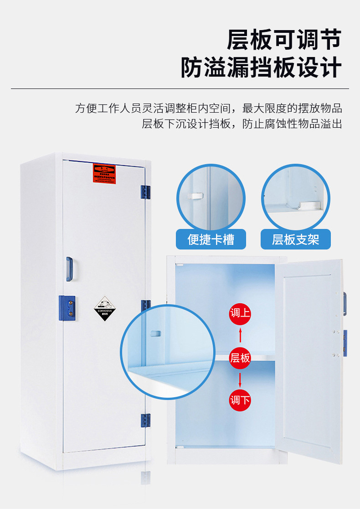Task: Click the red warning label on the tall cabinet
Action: [x=104, y=173]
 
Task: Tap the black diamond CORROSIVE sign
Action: [x=104, y=308]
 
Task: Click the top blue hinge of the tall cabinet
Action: [x=145, y=192]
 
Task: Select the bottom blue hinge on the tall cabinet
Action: [x=145, y=421]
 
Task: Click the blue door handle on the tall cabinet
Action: [x=69, y=269]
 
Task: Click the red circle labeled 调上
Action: [x=240, y=313]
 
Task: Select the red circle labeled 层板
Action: [x=240, y=358]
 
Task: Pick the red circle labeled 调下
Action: [x=240, y=400]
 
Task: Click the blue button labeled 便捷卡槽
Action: [x=211, y=239]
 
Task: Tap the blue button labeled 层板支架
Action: [x=296, y=239]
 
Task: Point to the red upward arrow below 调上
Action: [x=240, y=336]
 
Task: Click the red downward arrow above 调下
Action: [x=240, y=379]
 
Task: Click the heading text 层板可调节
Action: [x=284, y=40]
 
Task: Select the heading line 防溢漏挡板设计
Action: [x=261, y=68]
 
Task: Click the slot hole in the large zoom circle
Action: [x=155, y=333]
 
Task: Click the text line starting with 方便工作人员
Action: [x=208, y=109]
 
